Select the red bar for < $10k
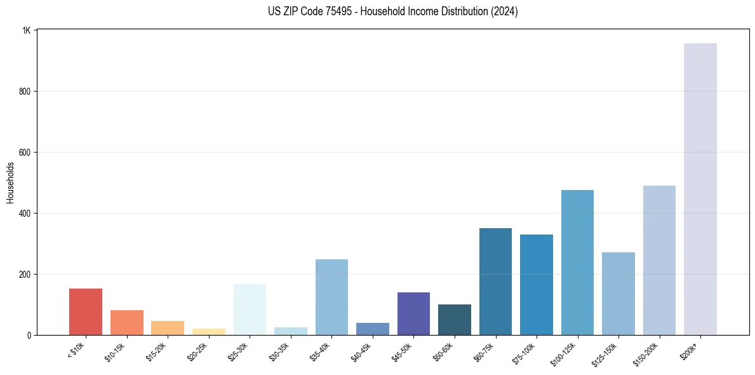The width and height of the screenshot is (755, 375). click(86, 311)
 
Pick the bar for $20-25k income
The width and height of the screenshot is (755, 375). click(209, 331)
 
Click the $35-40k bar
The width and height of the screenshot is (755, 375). click(331, 297)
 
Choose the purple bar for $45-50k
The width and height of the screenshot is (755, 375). click(413, 313)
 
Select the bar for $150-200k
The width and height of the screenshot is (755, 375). click(659, 260)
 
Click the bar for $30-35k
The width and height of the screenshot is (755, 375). click(291, 331)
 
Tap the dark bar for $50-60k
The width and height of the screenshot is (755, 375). click(455, 320)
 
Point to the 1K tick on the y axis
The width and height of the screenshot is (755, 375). click(27, 31)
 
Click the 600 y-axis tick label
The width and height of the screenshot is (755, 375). click(25, 153)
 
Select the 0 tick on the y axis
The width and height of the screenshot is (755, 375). click(29, 335)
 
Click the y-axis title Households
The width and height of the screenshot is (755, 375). click(11, 182)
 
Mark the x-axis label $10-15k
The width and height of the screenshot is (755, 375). click(115, 351)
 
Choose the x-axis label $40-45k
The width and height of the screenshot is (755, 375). click(361, 351)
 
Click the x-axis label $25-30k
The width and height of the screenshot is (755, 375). click(238, 351)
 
